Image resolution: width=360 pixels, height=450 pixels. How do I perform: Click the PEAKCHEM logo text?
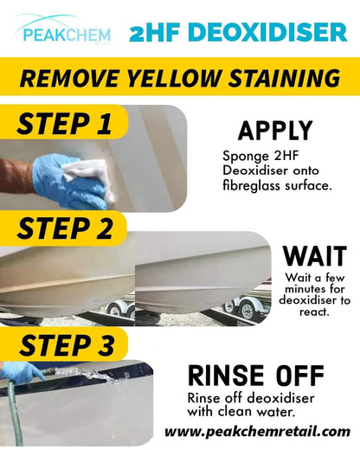[x=67, y=35]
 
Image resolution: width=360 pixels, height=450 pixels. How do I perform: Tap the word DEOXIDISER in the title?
[x=268, y=32]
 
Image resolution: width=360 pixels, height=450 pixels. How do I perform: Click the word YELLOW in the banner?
[x=173, y=78]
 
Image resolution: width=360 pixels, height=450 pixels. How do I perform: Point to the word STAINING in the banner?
[x=284, y=78]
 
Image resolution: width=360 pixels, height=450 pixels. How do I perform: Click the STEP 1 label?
[x=64, y=124]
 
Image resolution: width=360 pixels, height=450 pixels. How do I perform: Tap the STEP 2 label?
[x=65, y=228]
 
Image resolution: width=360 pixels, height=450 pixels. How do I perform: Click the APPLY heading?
[x=275, y=131]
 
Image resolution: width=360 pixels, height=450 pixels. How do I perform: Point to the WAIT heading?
[x=315, y=256]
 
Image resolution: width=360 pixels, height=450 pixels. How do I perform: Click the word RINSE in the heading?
[x=226, y=376]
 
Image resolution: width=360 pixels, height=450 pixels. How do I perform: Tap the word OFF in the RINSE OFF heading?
[x=299, y=376]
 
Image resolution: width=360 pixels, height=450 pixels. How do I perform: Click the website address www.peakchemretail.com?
[x=257, y=432]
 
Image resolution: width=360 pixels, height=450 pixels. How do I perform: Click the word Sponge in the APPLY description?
[x=246, y=157]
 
